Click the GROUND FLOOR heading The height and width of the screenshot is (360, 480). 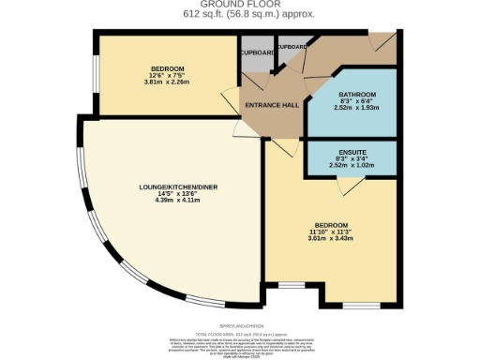(x=239, y=5)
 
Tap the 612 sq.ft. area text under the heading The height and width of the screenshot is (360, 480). (x=239, y=13)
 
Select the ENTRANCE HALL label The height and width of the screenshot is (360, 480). (x=271, y=104)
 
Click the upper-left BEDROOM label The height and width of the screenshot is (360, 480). (x=167, y=69)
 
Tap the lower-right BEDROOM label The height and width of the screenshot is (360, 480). (x=333, y=225)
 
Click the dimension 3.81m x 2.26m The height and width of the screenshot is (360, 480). (x=167, y=84)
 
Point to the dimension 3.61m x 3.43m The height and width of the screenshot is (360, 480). (x=333, y=240)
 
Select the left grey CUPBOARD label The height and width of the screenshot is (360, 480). (x=256, y=53)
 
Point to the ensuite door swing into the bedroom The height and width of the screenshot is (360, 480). (x=345, y=185)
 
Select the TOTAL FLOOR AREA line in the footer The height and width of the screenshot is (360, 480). (x=239, y=335)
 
